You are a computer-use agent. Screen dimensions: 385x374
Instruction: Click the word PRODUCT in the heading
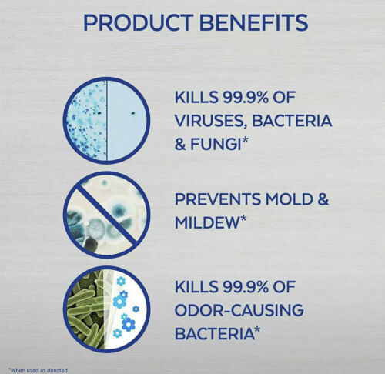click(139, 22)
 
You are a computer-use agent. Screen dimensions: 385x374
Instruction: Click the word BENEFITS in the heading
click(253, 22)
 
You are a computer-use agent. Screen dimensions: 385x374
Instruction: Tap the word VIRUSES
click(210, 122)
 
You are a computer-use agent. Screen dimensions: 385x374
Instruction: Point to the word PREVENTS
click(218, 199)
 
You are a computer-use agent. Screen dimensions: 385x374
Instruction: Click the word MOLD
click(290, 199)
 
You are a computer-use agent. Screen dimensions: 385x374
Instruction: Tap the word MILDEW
click(207, 222)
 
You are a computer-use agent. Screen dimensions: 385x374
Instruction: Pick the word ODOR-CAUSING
click(239, 310)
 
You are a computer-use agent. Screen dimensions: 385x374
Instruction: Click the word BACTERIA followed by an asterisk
click(214, 333)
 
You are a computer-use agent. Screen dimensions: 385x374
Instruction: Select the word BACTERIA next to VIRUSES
click(292, 121)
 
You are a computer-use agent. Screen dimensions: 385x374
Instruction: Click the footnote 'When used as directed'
click(38, 370)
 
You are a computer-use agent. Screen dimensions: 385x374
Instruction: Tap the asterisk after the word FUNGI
click(245, 141)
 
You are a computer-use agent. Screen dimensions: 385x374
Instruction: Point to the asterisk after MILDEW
click(243, 219)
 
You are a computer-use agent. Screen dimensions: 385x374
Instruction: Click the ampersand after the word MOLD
click(323, 199)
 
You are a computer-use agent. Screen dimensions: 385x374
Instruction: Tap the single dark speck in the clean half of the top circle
click(132, 112)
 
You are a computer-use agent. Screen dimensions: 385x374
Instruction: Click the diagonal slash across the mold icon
click(106, 215)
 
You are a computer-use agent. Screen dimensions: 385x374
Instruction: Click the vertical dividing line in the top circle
click(106, 120)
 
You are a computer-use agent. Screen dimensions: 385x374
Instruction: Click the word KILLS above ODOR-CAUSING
click(196, 287)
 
